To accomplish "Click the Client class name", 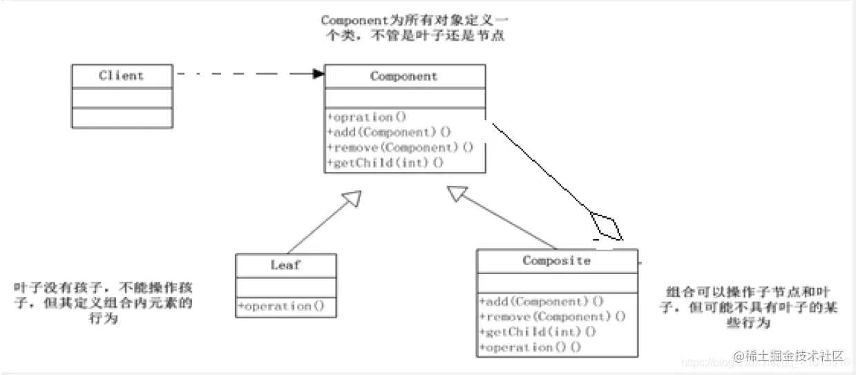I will [121, 76].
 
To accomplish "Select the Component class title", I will [404, 77].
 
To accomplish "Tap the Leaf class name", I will [285, 265].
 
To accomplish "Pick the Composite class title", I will [556, 261].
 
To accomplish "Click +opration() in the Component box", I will [367, 117].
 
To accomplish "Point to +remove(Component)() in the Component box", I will [401, 147].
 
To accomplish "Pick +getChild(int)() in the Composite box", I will [538, 332].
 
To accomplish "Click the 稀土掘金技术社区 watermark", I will [789, 356].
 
